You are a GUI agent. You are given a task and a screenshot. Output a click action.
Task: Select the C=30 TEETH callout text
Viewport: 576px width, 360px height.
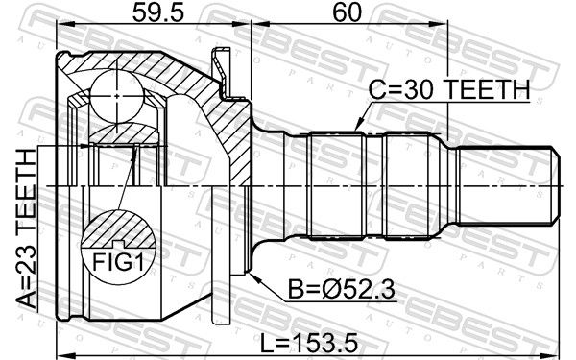click(449, 91)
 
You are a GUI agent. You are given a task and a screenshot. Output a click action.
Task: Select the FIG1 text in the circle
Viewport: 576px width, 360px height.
click(114, 260)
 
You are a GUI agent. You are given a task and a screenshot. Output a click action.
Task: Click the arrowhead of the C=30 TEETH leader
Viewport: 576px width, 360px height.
click(355, 128)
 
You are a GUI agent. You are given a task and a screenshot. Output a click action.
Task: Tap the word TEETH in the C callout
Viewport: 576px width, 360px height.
click(490, 91)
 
